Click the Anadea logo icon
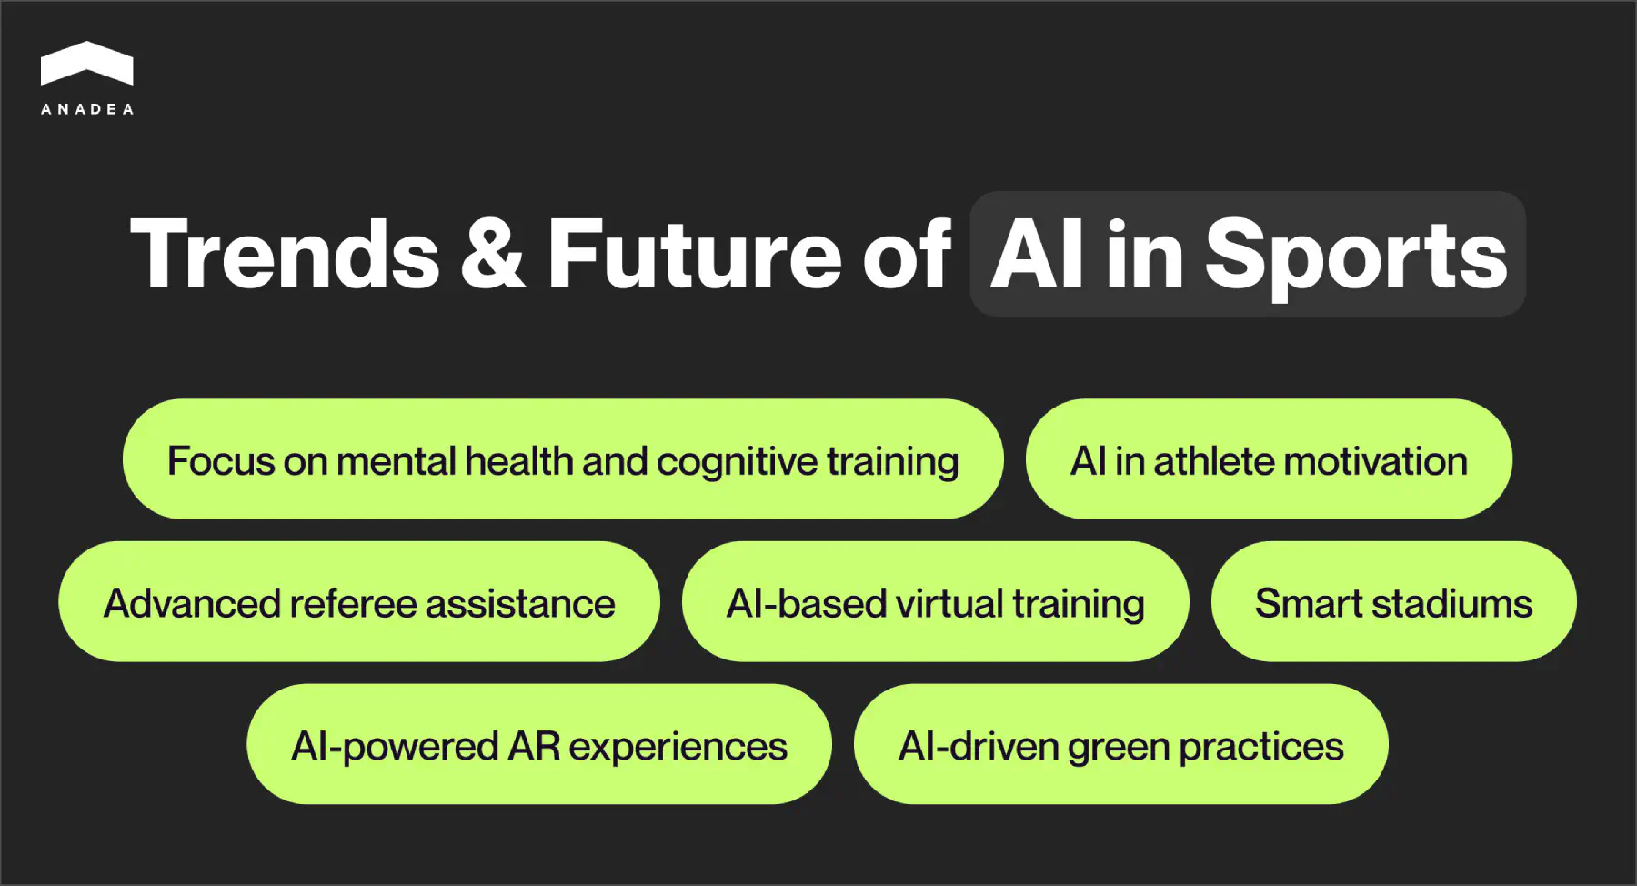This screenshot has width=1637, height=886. click(x=86, y=64)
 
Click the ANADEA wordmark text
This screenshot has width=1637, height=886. click(x=87, y=109)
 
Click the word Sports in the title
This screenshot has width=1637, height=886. click(x=1355, y=257)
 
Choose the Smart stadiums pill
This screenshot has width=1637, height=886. click(x=1393, y=602)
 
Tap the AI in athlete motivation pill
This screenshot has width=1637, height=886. click(x=1269, y=459)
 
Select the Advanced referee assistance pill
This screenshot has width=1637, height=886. click(x=359, y=602)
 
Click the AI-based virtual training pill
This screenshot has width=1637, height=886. click(x=935, y=602)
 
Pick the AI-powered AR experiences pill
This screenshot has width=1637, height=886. click(x=538, y=745)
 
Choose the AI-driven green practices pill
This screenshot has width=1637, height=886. click(x=1120, y=745)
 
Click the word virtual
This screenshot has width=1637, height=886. click(x=949, y=604)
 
